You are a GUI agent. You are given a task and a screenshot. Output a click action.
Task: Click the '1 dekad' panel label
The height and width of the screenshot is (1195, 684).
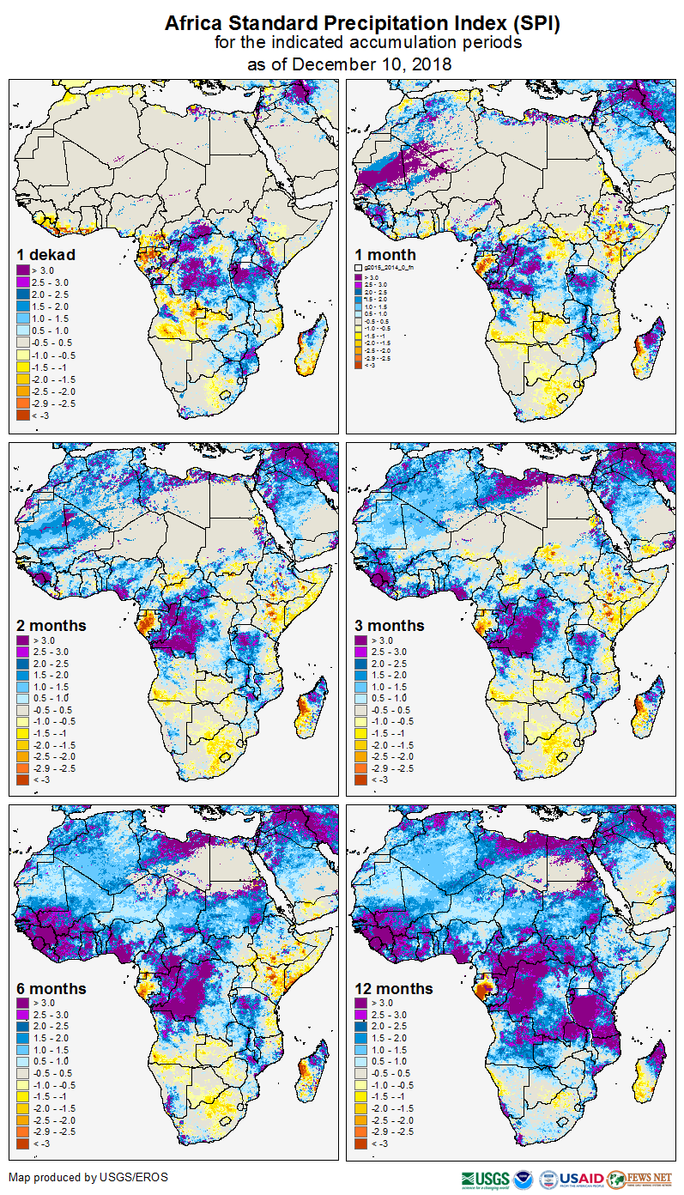[x=46, y=255]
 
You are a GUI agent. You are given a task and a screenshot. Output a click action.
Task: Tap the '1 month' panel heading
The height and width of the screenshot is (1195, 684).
[x=385, y=255]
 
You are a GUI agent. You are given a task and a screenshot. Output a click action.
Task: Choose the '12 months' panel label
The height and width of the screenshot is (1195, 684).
[x=394, y=988]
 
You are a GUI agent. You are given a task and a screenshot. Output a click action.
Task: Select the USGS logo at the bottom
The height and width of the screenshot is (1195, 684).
[x=485, y=1179]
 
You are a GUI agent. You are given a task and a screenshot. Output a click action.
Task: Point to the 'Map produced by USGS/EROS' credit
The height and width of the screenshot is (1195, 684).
[x=88, y=1177]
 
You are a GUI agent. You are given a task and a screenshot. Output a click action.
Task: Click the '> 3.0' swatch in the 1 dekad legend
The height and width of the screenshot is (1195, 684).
[x=23, y=270]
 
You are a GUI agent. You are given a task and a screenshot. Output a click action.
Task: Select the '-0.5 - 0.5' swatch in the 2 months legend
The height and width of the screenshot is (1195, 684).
[x=23, y=710]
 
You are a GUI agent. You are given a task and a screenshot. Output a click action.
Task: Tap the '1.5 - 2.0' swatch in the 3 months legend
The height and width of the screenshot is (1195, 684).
[x=361, y=676]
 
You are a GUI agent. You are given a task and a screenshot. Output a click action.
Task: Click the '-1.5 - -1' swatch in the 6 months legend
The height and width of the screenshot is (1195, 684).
[x=23, y=1096]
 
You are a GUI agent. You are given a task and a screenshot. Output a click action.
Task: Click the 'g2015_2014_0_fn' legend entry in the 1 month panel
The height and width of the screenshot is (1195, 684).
[x=388, y=268]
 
